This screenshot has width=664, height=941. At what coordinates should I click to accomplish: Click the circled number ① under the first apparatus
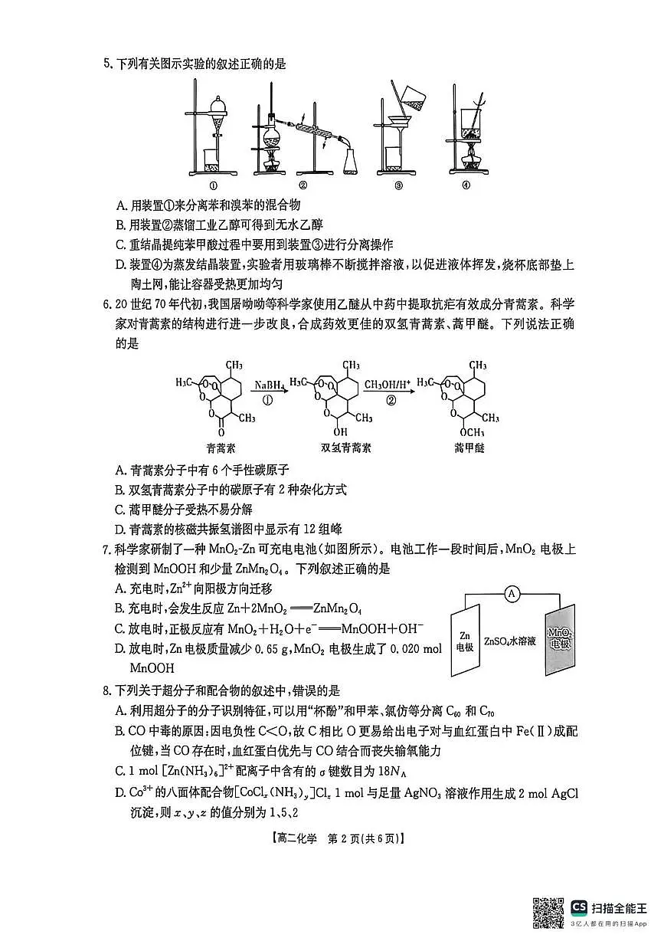point(214,185)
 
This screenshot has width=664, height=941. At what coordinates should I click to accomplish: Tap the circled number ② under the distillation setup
point(303,185)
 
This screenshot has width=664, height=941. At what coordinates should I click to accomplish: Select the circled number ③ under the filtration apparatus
point(398,185)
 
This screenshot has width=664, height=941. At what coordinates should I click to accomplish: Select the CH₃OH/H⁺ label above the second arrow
point(388,385)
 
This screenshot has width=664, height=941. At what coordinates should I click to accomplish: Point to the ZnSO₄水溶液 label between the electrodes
point(512,639)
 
